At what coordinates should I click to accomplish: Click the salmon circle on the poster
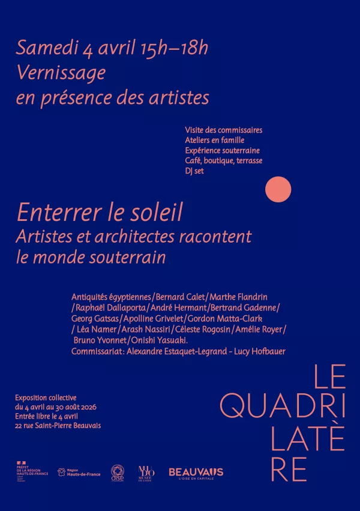[278, 190]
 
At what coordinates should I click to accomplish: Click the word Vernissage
[61, 73]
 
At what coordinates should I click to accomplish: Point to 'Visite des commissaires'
[224, 130]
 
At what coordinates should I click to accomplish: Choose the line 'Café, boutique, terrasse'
[224, 160]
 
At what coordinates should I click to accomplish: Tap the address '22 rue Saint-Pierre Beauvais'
[58, 426]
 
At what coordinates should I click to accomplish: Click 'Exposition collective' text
[46, 398]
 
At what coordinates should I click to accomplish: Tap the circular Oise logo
[118, 472]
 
